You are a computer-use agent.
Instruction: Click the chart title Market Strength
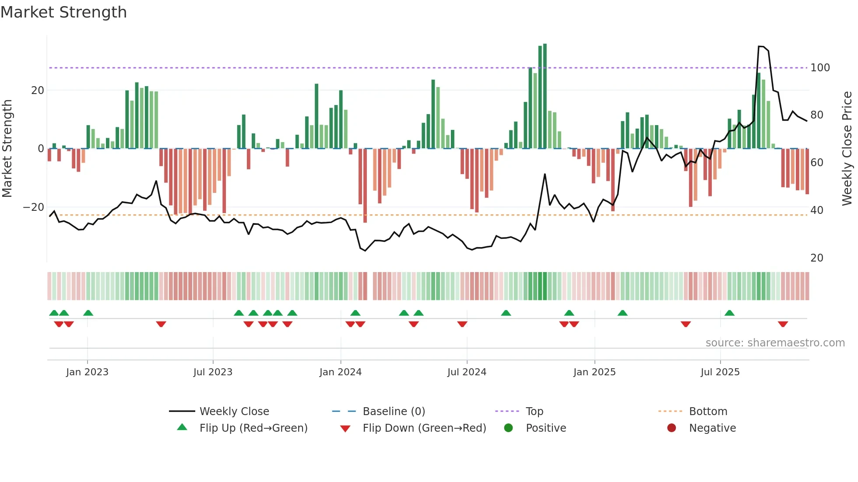[63, 12]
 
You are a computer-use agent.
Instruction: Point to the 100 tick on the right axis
[819, 68]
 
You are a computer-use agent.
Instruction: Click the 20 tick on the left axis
[38, 91]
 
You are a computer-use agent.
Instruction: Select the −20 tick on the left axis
[34, 207]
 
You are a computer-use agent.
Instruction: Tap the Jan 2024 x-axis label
[340, 372]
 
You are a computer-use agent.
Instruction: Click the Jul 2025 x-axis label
[720, 372]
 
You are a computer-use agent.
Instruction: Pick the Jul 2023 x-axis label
[213, 372]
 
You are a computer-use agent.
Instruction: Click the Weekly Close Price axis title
[847, 149]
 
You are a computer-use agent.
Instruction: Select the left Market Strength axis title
[7, 149]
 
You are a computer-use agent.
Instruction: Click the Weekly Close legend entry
[234, 412]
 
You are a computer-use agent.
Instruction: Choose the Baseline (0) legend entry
[394, 412]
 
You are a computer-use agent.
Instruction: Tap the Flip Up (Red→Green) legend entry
[253, 428]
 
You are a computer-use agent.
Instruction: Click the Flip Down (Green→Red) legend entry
[424, 428]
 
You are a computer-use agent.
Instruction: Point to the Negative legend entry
[712, 428]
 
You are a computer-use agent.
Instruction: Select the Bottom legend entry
[707, 412]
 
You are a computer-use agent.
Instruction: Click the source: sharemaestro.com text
[775, 343]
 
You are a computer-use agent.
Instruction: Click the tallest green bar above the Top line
[545, 96]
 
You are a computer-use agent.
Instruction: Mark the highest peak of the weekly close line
[761, 46]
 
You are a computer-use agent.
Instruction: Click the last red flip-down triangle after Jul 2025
[783, 324]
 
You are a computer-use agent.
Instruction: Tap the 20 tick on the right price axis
[816, 258]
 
